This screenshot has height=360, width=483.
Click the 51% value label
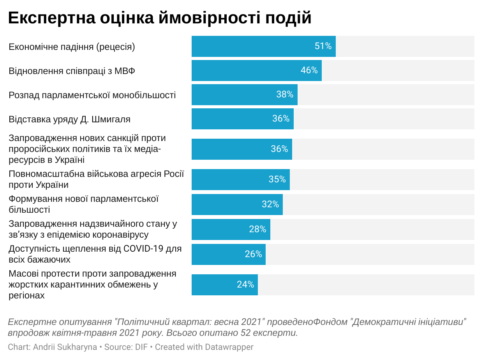point(323,46)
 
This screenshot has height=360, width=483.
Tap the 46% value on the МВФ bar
point(309,71)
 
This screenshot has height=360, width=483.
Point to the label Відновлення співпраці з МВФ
point(72,71)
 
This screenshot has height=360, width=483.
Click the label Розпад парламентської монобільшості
point(92,95)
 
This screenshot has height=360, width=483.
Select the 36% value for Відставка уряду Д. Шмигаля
point(281,119)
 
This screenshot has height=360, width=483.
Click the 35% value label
point(277,179)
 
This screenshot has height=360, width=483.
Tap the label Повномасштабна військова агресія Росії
point(96,174)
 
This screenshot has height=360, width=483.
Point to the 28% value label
point(257,229)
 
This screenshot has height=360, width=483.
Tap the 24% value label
point(245,284)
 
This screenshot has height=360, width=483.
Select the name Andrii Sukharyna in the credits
point(65,347)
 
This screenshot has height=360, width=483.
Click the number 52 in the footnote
point(243,333)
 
